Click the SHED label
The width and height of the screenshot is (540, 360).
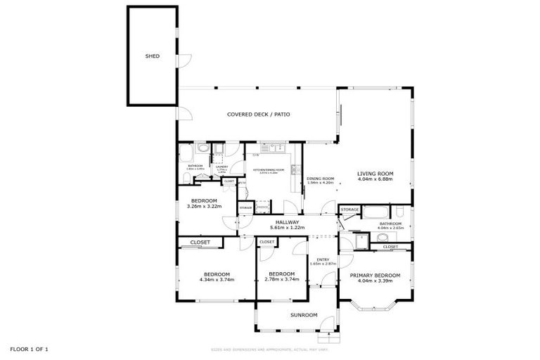[x=152, y=56]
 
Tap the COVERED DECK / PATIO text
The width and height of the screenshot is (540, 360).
[x=258, y=114]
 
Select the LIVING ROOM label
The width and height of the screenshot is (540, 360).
[x=375, y=173]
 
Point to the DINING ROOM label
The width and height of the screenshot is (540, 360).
[x=320, y=178]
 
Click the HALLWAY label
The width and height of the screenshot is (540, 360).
[x=287, y=222]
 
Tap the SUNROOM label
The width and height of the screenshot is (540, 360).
[x=304, y=315]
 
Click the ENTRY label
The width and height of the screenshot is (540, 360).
[x=323, y=259]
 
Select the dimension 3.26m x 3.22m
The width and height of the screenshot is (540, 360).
[x=204, y=206]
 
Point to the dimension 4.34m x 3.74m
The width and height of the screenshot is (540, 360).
[x=217, y=279]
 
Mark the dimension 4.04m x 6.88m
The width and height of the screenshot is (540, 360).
[x=375, y=179]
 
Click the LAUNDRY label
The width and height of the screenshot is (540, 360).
[x=221, y=167]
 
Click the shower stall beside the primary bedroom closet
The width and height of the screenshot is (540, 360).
[x=360, y=241]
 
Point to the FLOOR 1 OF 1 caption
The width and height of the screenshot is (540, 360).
[x=30, y=349]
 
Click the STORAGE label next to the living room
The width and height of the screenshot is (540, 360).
[x=349, y=210]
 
